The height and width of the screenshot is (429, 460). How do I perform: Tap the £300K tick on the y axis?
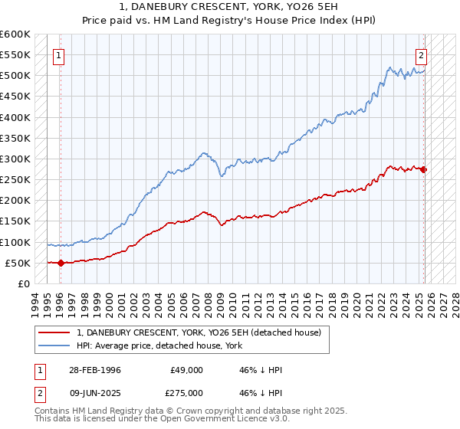[x=15, y=159]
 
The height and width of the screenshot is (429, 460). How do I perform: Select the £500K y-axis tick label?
[x=15, y=75]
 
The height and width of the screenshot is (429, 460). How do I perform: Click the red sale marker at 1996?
[x=61, y=263]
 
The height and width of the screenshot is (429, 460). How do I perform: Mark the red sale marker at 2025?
[x=424, y=169]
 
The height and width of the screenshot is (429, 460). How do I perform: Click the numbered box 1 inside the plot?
[x=60, y=55]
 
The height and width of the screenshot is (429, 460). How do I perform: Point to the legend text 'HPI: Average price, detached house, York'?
[x=159, y=345]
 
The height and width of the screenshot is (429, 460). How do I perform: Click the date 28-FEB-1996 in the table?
[x=95, y=370]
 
